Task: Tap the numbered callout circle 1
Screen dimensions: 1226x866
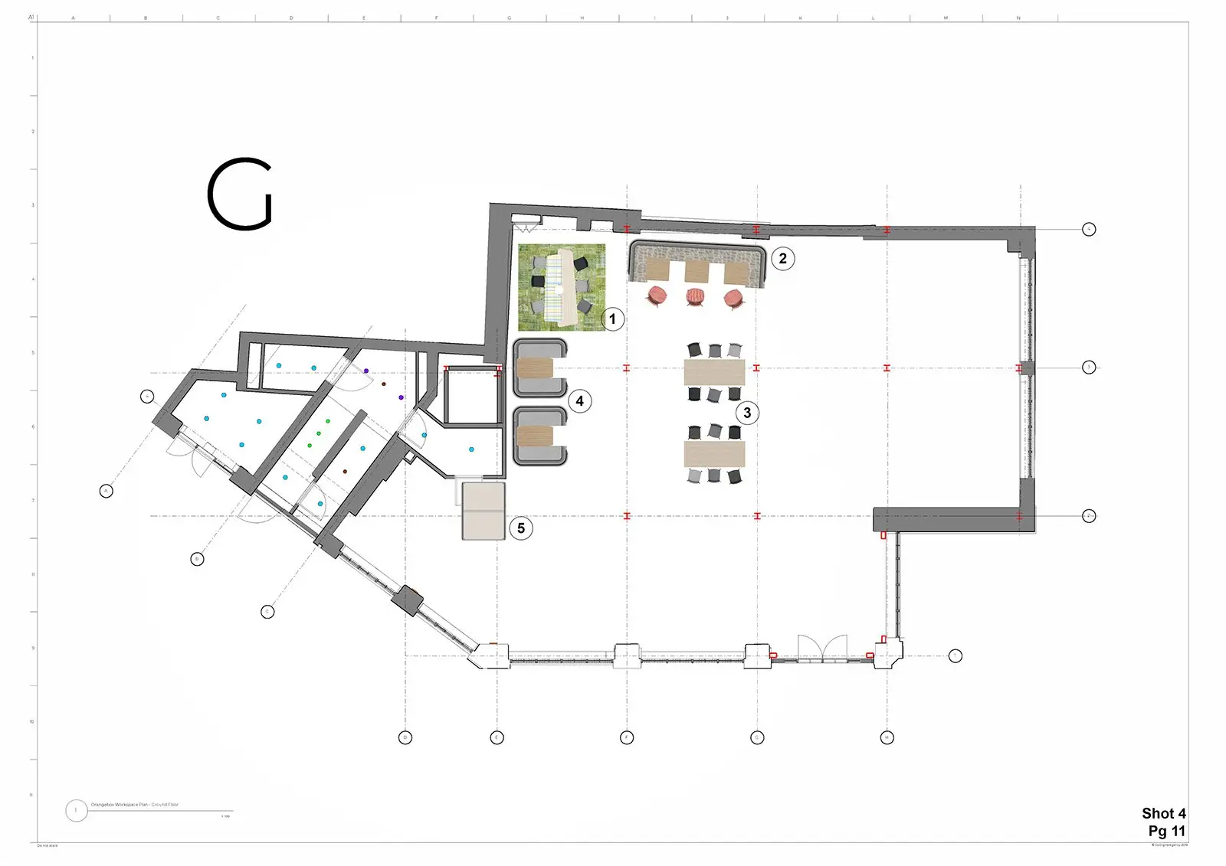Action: [612, 319]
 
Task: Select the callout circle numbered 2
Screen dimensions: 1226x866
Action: [782, 258]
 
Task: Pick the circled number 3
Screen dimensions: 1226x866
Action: [747, 413]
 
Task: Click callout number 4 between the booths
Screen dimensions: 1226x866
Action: [579, 400]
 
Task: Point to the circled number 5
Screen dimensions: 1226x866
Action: [521, 528]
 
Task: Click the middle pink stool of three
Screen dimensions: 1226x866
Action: [695, 296]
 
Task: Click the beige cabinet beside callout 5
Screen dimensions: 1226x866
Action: [484, 511]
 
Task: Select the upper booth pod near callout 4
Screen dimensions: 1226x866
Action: [539, 368]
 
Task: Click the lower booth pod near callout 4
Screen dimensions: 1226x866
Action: [539, 436]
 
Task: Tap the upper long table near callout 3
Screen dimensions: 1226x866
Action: [714, 372]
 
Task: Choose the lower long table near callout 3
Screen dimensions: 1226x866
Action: [714, 453]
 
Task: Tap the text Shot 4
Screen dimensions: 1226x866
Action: [1163, 813]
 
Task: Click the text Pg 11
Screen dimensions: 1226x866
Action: [1166, 831]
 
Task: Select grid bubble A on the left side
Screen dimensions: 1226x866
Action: [107, 491]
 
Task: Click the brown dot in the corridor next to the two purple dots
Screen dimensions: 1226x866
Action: [384, 384]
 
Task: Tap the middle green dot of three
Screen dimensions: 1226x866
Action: [319, 433]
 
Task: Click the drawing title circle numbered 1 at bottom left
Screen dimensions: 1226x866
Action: [76, 810]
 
